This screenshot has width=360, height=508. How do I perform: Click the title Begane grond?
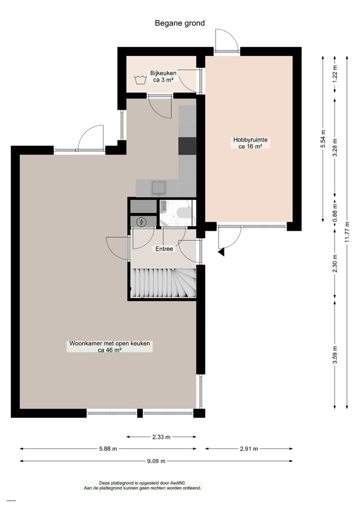pyautogui.click(x=179, y=23)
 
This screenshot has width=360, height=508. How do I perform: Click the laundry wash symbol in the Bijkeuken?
pyautogui.click(x=140, y=79)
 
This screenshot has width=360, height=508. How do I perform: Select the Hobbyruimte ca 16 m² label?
pyautogui.click(x=250, y=143)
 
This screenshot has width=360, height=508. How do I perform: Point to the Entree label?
pyautogui.click(x=164, y=248)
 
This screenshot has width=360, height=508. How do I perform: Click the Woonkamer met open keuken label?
pyautogui.click(x=109, y=347)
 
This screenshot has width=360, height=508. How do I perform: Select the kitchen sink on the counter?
pyautogui.click(x=159, y=188)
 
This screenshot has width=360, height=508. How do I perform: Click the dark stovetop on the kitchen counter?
pyautogui.click(x=187, y=145)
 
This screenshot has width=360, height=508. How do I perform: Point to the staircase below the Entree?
pyautogui.click(x=162, y=283)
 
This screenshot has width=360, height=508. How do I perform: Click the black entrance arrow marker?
pyautogui.click(x=221, y=252)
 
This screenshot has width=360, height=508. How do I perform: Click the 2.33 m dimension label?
pyautogui.click(x=161, y=437)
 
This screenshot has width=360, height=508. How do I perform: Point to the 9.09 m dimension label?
pyautogui.click(x=156, y=461)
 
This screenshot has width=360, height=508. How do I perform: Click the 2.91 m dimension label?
pyautogui.click(x=249, y=449)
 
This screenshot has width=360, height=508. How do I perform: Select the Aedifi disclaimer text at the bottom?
pyautogui.click(x=142, y=485)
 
